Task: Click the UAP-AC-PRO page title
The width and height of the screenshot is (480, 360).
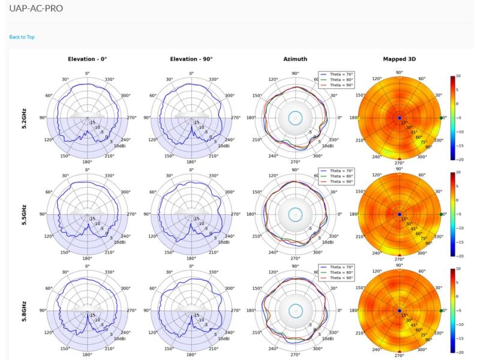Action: coord(36,8)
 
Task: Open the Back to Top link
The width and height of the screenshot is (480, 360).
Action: coord(22,37)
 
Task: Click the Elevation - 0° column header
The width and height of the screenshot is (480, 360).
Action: coord(87,59)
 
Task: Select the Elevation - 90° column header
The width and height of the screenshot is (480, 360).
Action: coord(191,59)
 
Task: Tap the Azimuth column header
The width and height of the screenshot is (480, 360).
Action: coord(295,59)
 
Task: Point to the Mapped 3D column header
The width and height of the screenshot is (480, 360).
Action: coord(399,59)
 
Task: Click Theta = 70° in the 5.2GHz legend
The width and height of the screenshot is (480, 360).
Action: coord(340,74)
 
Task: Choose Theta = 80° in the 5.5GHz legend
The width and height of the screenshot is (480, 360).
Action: coord(340,176)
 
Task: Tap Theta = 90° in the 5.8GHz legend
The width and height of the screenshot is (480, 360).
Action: coord(340,278)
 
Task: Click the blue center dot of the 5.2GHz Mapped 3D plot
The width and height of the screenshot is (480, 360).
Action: coord(399,118)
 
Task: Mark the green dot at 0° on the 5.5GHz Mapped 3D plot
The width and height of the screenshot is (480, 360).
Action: coord(442,214)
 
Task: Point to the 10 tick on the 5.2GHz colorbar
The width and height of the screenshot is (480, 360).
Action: coord(458,76)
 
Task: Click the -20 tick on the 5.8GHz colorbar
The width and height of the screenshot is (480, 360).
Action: coord(458,352)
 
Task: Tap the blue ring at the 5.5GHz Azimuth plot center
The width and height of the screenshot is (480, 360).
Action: coord(295,214)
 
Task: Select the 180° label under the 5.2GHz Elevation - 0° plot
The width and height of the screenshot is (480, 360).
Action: coord(87,162)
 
